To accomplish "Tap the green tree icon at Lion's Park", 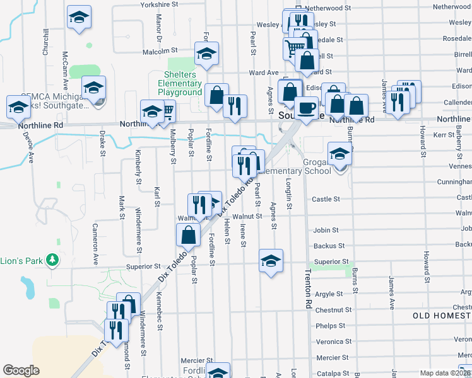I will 54,260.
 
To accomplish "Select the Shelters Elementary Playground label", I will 180,83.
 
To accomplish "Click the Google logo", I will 21,370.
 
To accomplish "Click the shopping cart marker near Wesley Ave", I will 295,47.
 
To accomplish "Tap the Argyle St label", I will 329,294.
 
